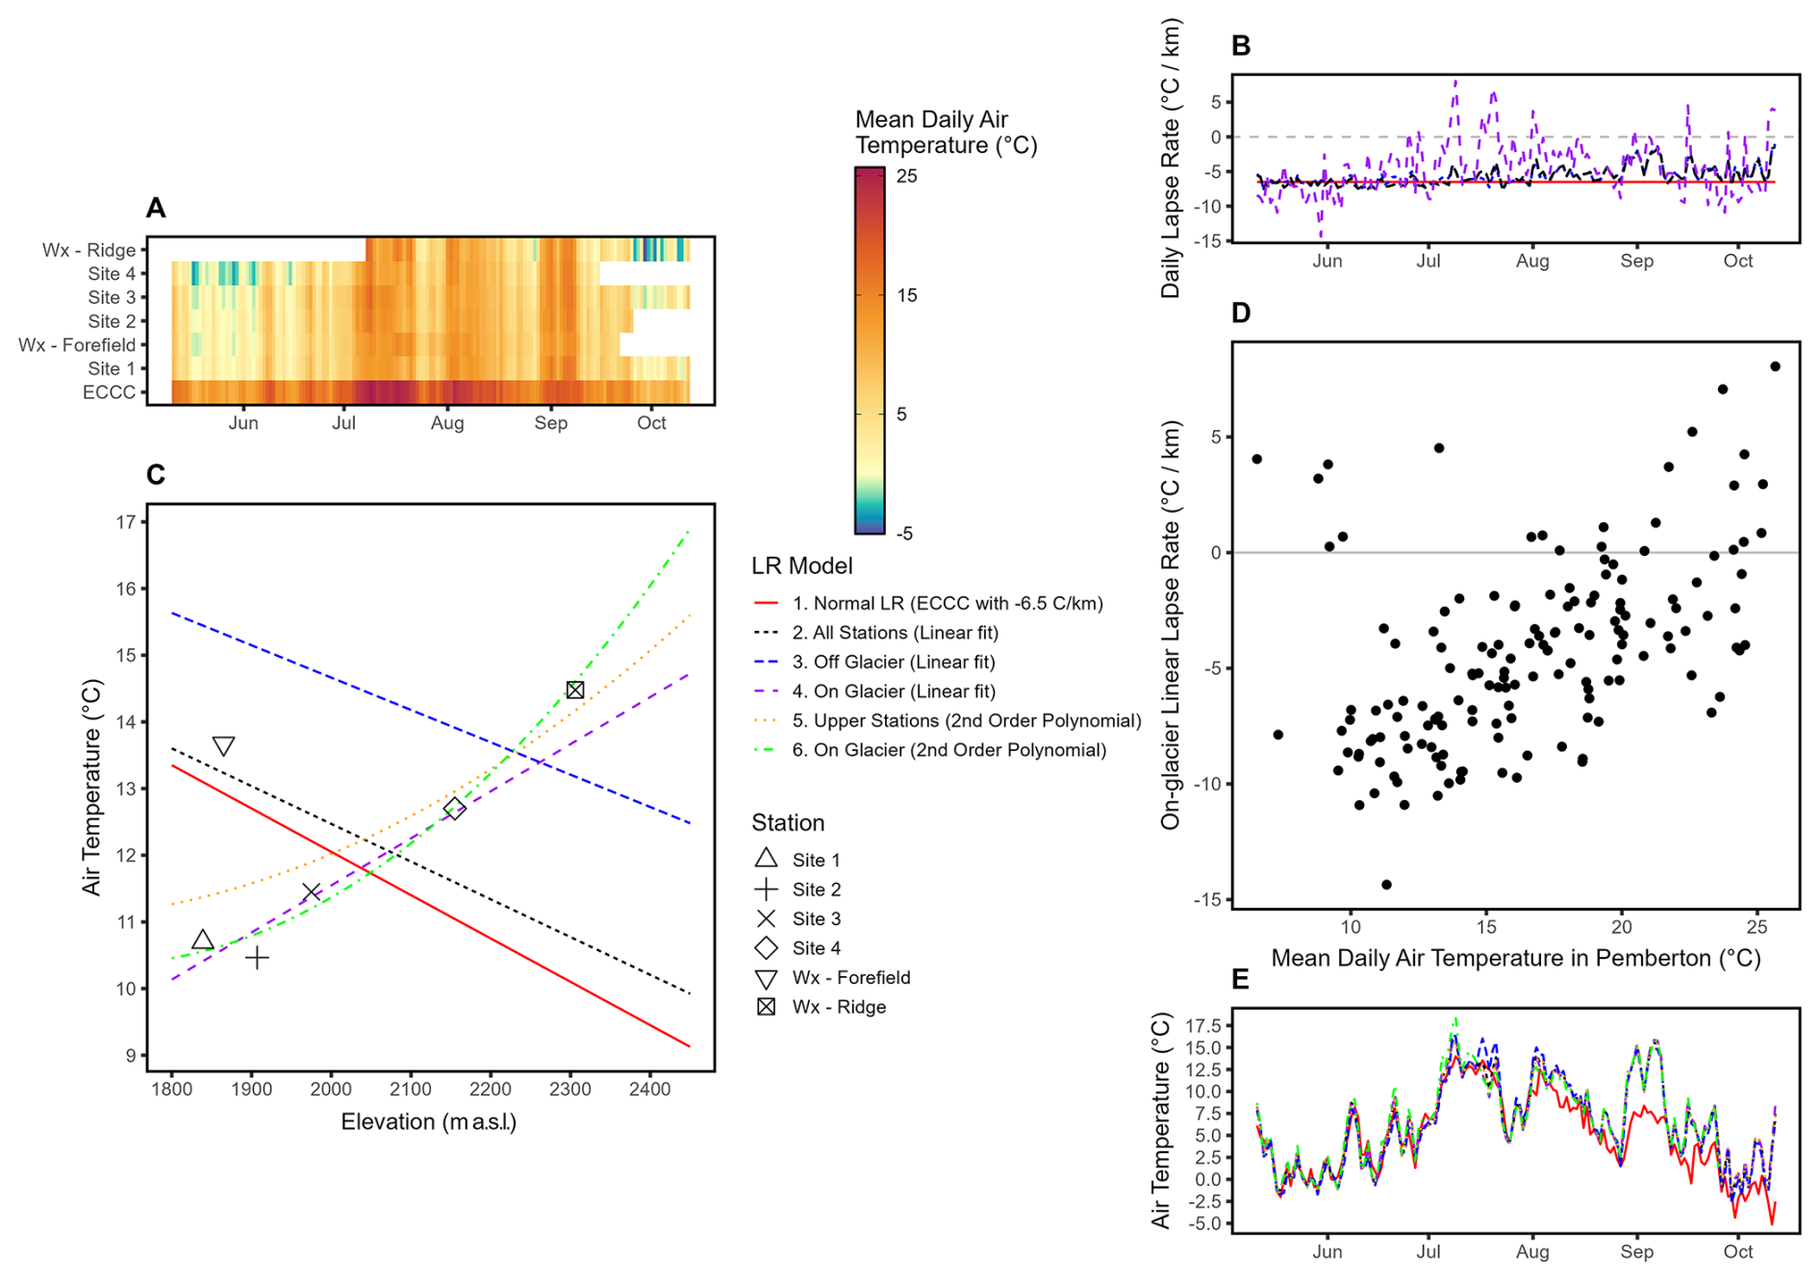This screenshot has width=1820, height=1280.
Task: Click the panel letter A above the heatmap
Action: pos(156,208)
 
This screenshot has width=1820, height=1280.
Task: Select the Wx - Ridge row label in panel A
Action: pos(88,250)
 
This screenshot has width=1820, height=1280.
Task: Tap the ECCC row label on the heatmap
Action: pos(109,392)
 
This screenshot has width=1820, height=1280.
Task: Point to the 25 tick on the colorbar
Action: pos(906,176)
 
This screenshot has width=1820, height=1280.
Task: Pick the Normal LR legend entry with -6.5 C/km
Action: pos(947,603)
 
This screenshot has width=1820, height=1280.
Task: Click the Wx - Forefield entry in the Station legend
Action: pos(850,978)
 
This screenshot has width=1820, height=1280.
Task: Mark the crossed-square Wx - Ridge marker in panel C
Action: pos(575,690)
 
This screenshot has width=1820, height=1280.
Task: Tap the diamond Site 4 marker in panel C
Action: pos(454,809)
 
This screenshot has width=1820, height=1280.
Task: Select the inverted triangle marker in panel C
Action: pos(223,746)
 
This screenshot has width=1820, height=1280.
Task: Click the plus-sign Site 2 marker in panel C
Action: pos(257,958)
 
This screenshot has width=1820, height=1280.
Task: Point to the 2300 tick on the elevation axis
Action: pos(569,1090)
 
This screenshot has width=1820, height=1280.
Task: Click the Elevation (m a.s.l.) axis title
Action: pos(428,1122)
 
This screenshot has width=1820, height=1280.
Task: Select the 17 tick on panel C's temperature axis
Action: pos(126,522)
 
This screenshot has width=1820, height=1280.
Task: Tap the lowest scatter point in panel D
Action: pos(1386,885)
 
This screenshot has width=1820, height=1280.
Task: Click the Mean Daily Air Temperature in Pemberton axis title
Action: pos(1515,959)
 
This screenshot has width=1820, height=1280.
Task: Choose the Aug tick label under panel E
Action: pos(1531,1252)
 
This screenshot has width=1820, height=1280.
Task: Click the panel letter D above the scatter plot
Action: pos(1241,314)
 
